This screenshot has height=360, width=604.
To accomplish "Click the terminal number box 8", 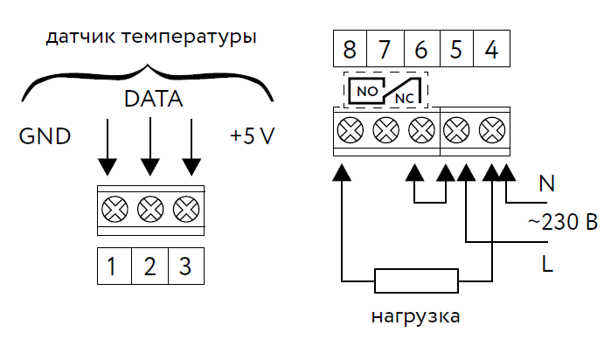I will coord(351,51).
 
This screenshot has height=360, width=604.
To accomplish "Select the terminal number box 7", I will coord(385,51).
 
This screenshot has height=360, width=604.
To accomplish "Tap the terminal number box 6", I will coord(420,51).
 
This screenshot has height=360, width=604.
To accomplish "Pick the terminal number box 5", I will coord(455,51).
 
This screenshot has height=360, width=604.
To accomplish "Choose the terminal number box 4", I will coord(490,51).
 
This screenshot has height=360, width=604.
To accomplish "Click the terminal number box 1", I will coord(114,266).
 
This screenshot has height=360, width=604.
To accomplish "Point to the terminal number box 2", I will coord(149,266).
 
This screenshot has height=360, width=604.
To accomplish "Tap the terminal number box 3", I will coord(185,266).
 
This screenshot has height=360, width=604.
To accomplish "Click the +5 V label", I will coord(252,137).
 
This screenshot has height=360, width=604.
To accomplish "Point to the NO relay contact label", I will coord(367,88).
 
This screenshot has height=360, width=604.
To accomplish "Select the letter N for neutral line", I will coord(547,184).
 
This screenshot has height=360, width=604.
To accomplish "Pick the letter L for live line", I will coord(547,263).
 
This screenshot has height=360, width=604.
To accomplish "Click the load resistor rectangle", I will coord(416,280).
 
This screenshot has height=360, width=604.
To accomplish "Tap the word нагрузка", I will coord(414,315).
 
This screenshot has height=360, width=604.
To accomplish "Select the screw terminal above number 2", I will coord(149,209).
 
